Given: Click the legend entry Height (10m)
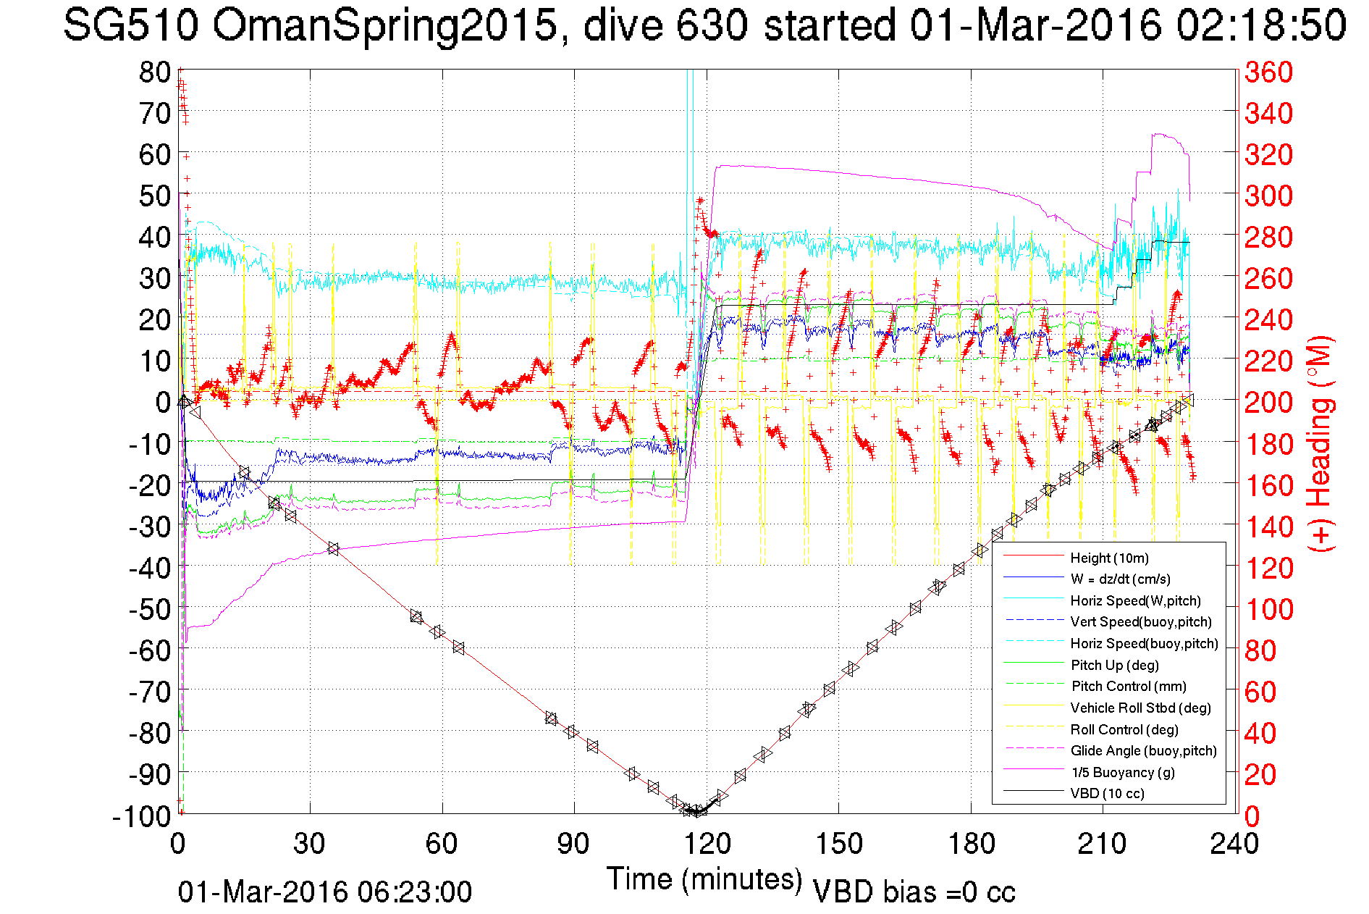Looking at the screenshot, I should (x=1109, y=558).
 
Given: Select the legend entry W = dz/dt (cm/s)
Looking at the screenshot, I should (x=1120, y=579).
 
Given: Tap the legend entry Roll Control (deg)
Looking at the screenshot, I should (x=1124, y=729).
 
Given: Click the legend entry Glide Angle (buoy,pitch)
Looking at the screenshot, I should (x=1143, y=750).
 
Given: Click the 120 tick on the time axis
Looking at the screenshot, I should (x=707, y=844).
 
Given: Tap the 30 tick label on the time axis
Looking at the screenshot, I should (x=310, y=844).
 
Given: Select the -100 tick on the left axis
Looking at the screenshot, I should (x=142, y=816).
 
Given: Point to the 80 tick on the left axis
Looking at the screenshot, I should (x=155, y=72).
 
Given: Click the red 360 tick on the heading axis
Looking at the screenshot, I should (x=1268, y=72).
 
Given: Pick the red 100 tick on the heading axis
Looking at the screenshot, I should (x=1268, y=609).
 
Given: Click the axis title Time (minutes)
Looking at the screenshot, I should (x=704, y=879).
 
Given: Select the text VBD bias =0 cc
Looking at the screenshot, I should (x=914, y=892).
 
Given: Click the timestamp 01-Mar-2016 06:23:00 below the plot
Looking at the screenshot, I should (x=325, y=892).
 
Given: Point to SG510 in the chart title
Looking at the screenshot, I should (x=130, y=26).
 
